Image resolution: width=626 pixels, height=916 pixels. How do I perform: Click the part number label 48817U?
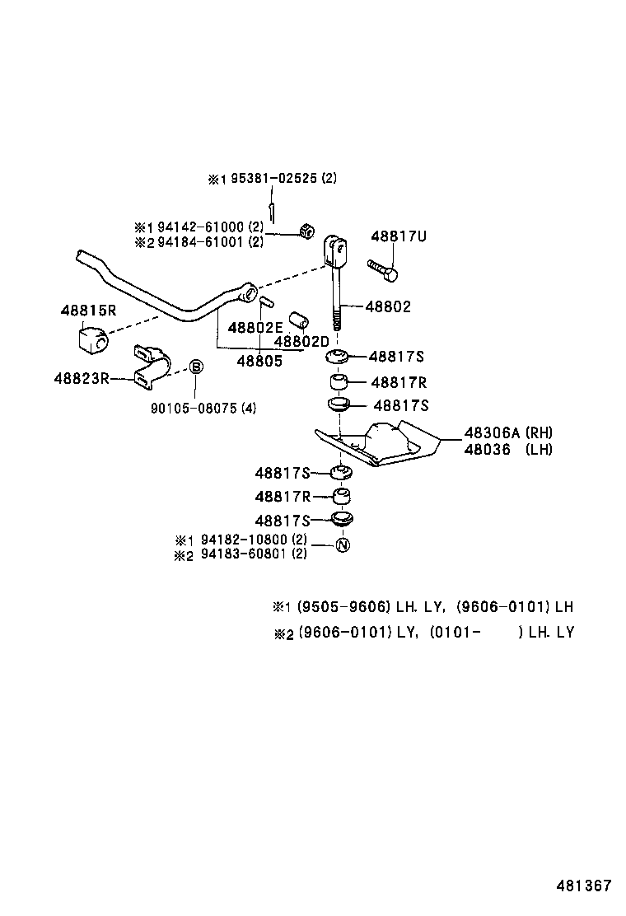[x=399, y=236]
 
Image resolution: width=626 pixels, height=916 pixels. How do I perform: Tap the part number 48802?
[x=387, y=306]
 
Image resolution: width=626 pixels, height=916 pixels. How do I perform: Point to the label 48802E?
[x=255, y=327]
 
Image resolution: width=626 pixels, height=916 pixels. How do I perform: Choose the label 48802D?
[x=301, y=341]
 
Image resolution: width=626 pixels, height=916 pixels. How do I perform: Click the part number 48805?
[x=259, y=360]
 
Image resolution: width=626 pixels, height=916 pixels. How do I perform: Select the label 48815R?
[x=88, y=311]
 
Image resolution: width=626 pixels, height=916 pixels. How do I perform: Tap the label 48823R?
[x=82, y=378]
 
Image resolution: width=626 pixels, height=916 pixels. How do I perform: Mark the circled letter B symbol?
[x=197, y=367]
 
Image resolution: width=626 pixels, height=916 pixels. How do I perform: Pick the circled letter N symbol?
[x=343, y=545]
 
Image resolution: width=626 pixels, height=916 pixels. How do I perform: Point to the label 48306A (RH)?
[x=507, y=432]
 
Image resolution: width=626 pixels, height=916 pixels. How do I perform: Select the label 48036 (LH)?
[x=507, y=449]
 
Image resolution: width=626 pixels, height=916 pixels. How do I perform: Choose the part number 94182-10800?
[x=244, y=540]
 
